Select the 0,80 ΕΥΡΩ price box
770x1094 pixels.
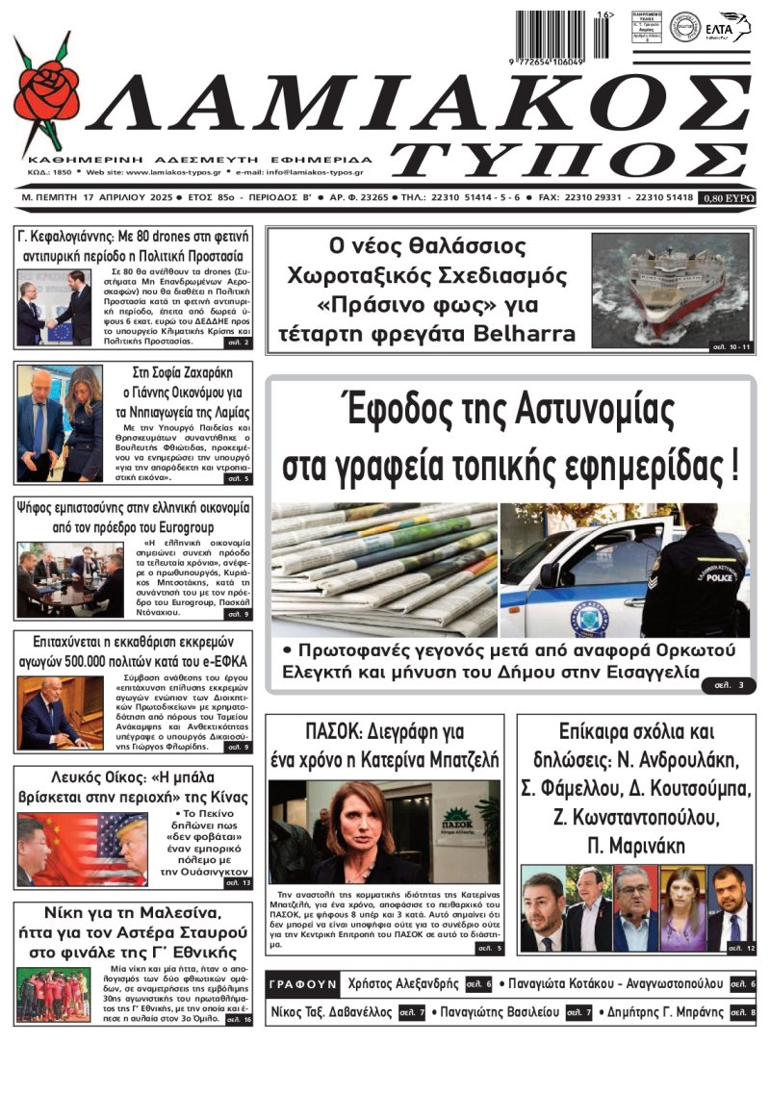pos(728,198)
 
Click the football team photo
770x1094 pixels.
pos(53,994)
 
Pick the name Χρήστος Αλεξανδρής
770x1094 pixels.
pos(403,984)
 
